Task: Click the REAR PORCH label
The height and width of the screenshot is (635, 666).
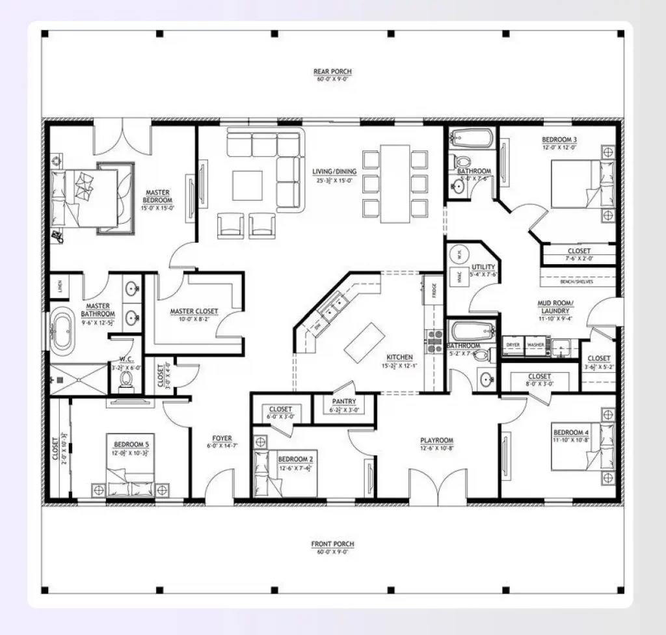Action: tap(332, 71)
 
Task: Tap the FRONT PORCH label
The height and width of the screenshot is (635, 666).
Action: tap(332, 544)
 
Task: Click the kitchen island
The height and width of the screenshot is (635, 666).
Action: tap(362, 342)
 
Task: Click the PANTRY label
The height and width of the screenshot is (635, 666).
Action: tap(343, 402)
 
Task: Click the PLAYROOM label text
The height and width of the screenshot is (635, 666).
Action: tap(436, 440)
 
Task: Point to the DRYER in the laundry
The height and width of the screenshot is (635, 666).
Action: tap(513, 345)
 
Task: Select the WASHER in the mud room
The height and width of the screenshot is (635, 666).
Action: tap(536, 345)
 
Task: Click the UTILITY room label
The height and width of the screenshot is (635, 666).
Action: tap(484, 267)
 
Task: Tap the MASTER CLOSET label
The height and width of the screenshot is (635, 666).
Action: tap(194, 311)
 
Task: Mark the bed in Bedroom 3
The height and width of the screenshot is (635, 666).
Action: tap(575, 185)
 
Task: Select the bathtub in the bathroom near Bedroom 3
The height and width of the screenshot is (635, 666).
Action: tap(472, 139)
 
